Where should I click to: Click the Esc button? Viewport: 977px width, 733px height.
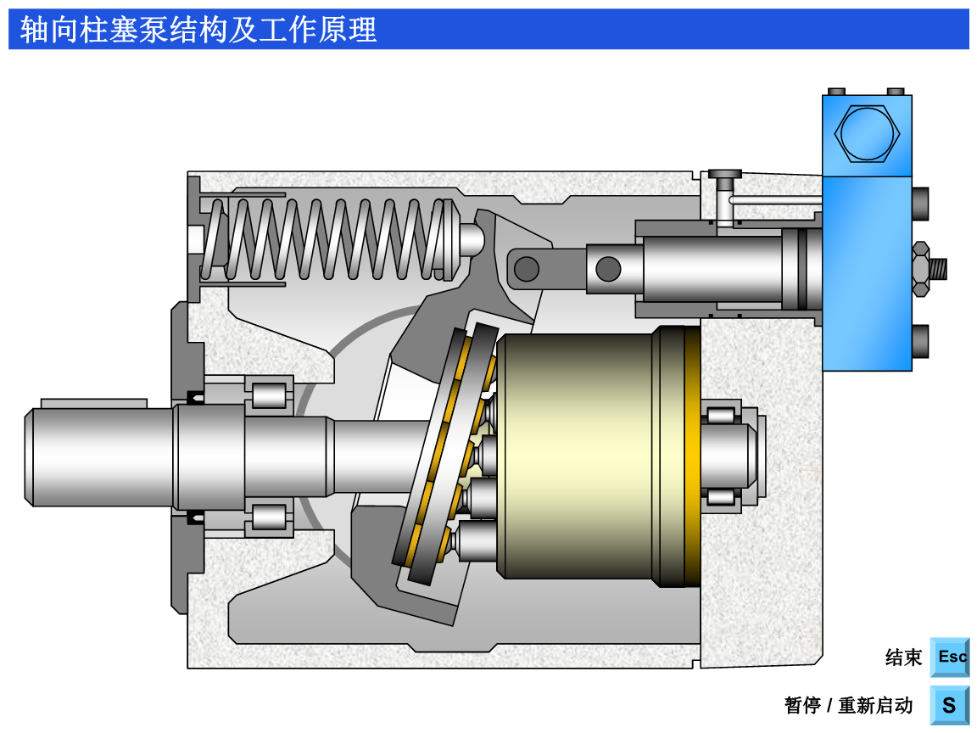coord(950,657)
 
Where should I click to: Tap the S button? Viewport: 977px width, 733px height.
coord(950,705)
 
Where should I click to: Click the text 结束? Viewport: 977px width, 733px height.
coord(903,657)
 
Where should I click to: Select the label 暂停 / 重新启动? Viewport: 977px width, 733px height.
coord(848,706)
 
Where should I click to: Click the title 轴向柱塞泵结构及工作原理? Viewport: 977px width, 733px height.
coord(198,30)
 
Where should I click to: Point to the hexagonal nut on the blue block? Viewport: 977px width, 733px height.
coord(866,133)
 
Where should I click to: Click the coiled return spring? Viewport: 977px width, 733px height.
coord(331,239)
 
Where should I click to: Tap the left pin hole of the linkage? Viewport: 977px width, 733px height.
coord(527,269)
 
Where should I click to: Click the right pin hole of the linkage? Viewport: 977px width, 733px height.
coord(608,269)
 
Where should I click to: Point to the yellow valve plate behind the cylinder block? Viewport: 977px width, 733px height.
coord(692,456)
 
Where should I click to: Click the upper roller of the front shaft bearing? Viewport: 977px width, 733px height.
coord(269,395)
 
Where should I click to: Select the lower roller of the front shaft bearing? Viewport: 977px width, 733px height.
coord(269,517)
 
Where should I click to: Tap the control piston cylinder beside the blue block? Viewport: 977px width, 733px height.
coord(712,269)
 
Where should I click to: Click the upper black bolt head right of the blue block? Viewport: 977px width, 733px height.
coord(920,204)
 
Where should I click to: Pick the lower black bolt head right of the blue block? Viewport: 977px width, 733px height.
coord(920,341)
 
